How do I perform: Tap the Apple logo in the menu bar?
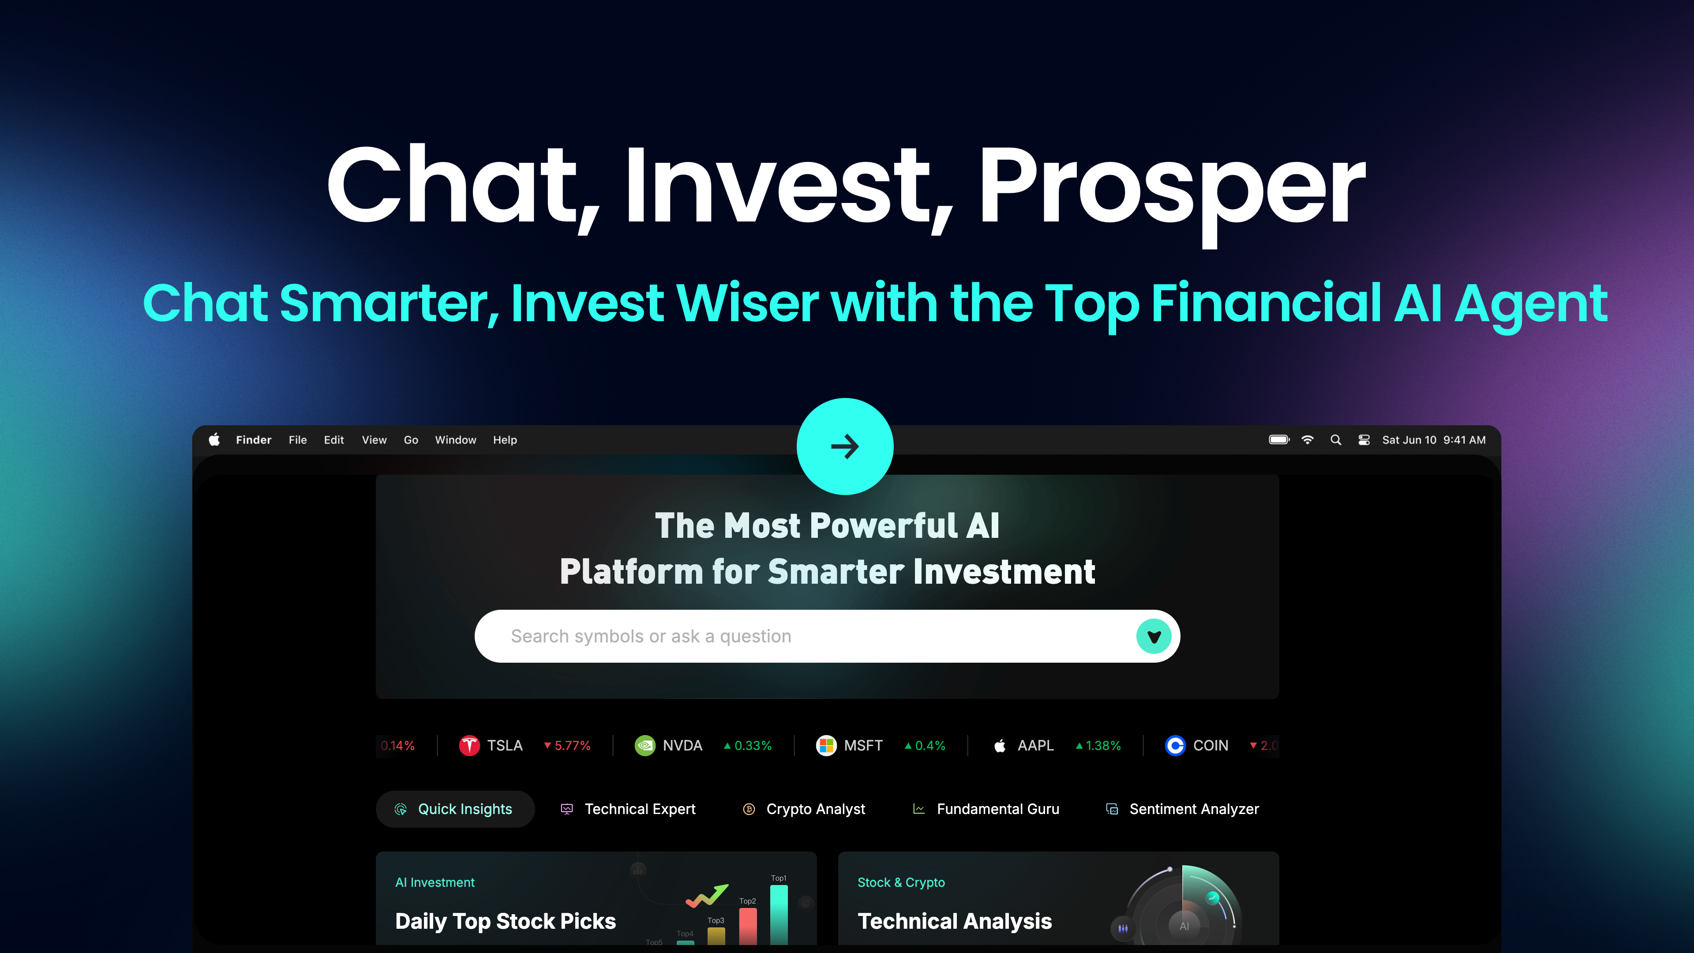(x=214, y=439)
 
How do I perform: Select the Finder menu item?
(x=253, y=440)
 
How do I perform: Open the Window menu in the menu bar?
(x=455, y=440)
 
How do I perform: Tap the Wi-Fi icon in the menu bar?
(x=1307, y=439)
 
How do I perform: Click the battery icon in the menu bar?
(x=1279, y=439)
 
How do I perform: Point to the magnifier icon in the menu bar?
(x=1336, y=439)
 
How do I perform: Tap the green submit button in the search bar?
(x=1154, y=636)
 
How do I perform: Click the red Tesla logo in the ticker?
(x=469, y=745)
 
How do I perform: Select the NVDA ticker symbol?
(x=682, y=745)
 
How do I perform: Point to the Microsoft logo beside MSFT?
(x=826, y=745)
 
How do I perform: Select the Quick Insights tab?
(x=455, y=809)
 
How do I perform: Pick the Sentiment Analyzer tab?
(x=1182, y=809)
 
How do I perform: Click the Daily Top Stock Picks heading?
(x=505, y=921)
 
